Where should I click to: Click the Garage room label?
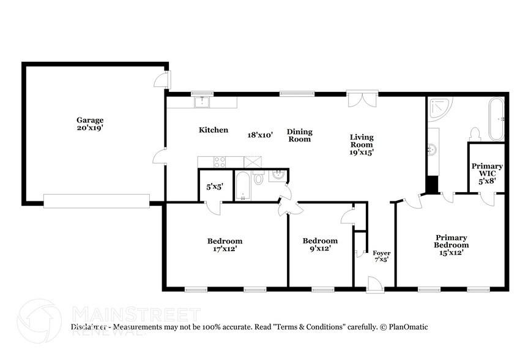[x=89, y=120]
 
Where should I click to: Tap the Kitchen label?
[x=214, y=130]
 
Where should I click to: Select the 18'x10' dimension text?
[x=260, y=134]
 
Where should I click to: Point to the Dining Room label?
[x=300, y=135]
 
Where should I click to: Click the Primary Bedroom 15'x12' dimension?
[x=451, y=252]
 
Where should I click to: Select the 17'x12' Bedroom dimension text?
[x=225, y=249]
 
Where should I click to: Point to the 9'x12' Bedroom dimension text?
[x=320, y=249]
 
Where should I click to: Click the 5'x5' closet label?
[x=214, y=186]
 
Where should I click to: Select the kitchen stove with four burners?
[x=219, y=162]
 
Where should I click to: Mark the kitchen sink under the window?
[x=202, y=102]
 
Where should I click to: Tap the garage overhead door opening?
[x=97, y=200]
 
